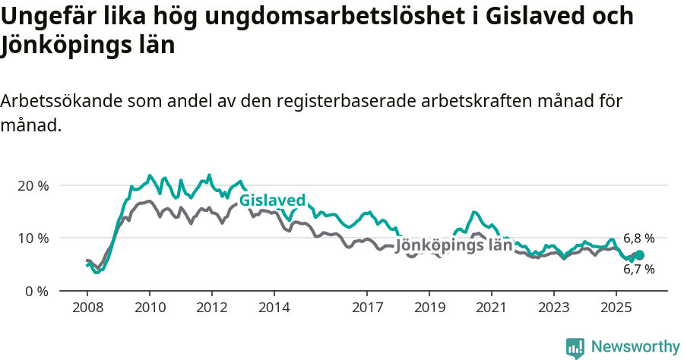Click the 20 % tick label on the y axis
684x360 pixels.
pos(33,186)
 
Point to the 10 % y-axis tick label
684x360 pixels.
pos(33,238)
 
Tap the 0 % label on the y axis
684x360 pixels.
pos(36,291)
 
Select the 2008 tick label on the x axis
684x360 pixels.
pos(88,308)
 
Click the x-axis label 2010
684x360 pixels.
pos(150,308)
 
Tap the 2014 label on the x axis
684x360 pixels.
pos(274,308)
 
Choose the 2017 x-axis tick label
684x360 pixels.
pos(367,308)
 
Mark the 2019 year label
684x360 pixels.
pos(429,308)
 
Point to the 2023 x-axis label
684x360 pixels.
pos(553,308)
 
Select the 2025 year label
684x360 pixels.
pos(616,308)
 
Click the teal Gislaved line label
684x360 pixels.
pos(272,201)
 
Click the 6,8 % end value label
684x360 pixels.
pos(638,238)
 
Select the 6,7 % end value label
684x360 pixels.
pos(638,269)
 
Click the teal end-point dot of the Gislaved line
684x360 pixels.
pos(639,255)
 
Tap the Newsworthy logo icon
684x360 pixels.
pos(575,347)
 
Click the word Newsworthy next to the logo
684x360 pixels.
pos(635,347)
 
